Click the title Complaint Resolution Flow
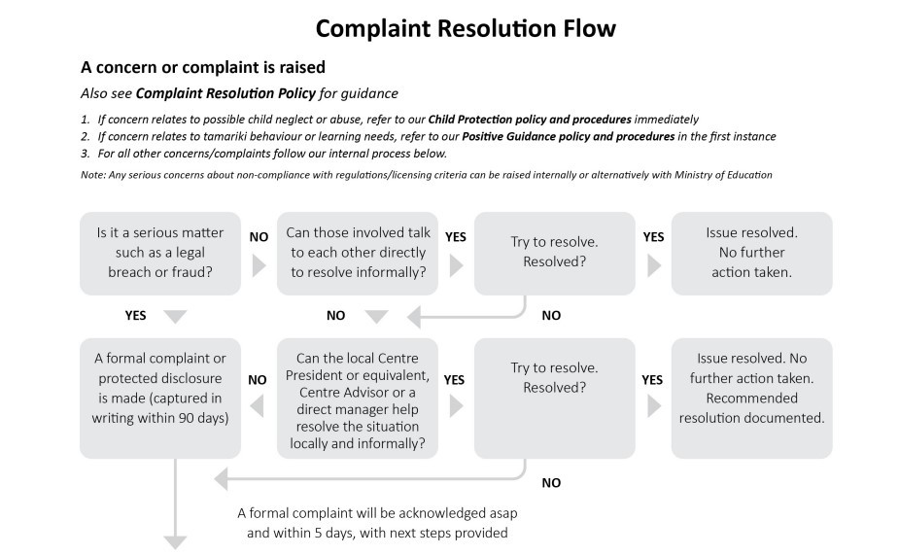[x=466, y=28]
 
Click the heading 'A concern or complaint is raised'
[x=203, y=67]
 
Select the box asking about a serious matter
[x=160, y=254]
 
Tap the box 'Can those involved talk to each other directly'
[x=358, y=254]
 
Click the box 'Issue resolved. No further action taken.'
[x=751, y=254]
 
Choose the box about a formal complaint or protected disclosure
[x=160, y=398]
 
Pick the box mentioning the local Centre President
[x=358, y=398]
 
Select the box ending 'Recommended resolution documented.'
[x=751, y=398]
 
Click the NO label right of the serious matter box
[x=259, y=237]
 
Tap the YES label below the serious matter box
[x=136, y=315]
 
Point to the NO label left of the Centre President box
[x=258, y=379]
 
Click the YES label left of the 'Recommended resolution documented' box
[x=652, y=379]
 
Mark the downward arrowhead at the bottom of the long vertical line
[x=176, y=542]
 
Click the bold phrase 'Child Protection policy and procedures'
[x=530, y=120]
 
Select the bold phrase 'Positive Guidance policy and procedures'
[x=569, y=136]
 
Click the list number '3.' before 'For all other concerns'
[x=86, y=154]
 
